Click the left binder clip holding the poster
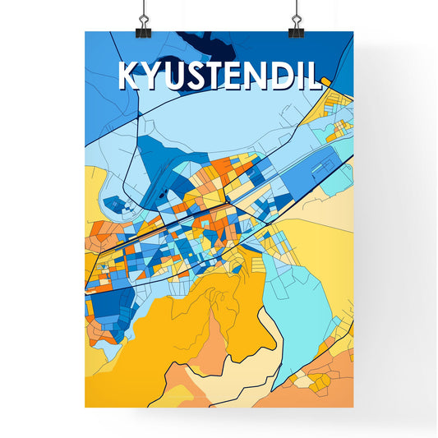tap(144, 21)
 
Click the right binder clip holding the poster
tap(296, 21)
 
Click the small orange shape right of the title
tap(327, 81)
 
